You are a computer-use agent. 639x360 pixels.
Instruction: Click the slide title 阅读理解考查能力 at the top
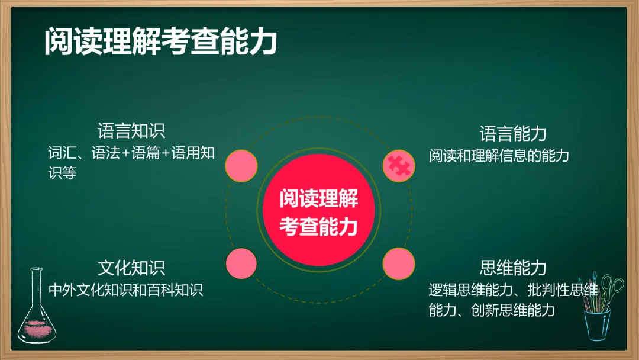160,41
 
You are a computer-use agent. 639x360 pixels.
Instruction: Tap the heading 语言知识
131,131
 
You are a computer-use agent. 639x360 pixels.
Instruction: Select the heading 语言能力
512,134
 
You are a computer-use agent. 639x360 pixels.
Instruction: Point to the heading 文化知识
131,268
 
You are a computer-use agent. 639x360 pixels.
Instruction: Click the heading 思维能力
512,268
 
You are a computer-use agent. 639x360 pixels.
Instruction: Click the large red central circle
319,210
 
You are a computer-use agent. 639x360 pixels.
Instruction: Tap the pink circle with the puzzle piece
399,166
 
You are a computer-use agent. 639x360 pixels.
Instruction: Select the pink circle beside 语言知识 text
241,166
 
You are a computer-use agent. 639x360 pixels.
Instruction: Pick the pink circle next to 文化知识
241,263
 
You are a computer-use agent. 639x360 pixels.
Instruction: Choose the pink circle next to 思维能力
399,263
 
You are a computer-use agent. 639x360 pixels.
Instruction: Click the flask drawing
37,306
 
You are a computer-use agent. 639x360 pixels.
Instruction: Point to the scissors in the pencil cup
611,289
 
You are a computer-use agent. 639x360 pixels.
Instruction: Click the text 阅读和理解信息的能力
499,156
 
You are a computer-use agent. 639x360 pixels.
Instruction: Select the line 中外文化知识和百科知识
125,290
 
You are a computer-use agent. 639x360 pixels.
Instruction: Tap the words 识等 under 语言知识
62,173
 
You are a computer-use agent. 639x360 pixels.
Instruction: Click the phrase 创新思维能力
513,310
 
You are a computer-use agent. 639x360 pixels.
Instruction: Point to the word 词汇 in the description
62,153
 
